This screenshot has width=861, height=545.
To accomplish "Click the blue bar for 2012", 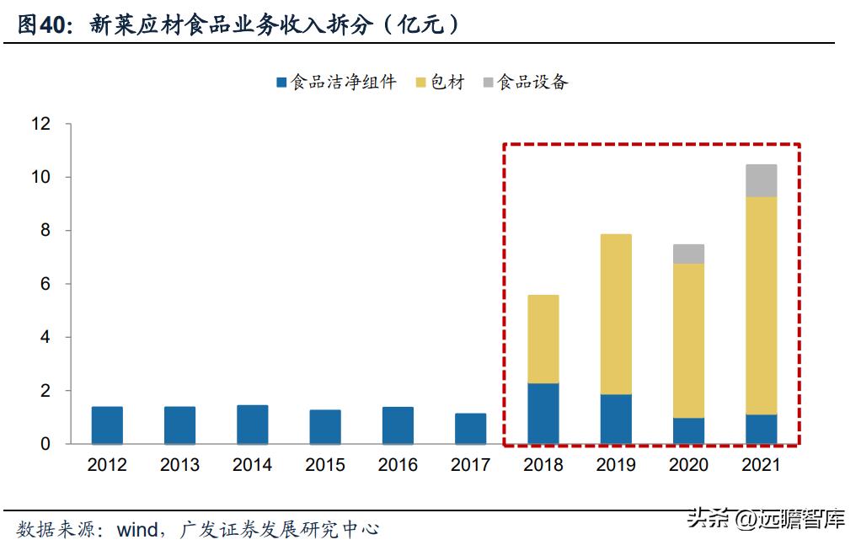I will pos(107,425).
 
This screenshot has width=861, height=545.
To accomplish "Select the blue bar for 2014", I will pos(253,425).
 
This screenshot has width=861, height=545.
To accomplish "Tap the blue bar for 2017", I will pos(470,429).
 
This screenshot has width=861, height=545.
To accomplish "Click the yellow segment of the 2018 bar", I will pos(543,339).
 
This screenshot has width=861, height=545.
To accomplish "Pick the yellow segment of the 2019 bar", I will pos(616,314).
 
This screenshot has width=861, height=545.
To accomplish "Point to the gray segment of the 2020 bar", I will pos(688,254).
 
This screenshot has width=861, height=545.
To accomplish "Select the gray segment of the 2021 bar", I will pos(762,181).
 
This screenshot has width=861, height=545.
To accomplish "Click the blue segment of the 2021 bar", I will pos(762,430).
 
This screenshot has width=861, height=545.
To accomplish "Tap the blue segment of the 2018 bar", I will pos(543,414).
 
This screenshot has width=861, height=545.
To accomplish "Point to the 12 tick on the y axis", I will pos(41,125).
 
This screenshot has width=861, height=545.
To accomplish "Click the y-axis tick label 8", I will pos(46,231).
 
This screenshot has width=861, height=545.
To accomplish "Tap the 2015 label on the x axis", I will pos(325,465).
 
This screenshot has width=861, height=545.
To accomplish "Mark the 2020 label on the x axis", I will pos(688,465).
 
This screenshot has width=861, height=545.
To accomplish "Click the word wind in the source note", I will pos(137,529).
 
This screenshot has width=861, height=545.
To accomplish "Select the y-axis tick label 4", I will pos(46,338).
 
